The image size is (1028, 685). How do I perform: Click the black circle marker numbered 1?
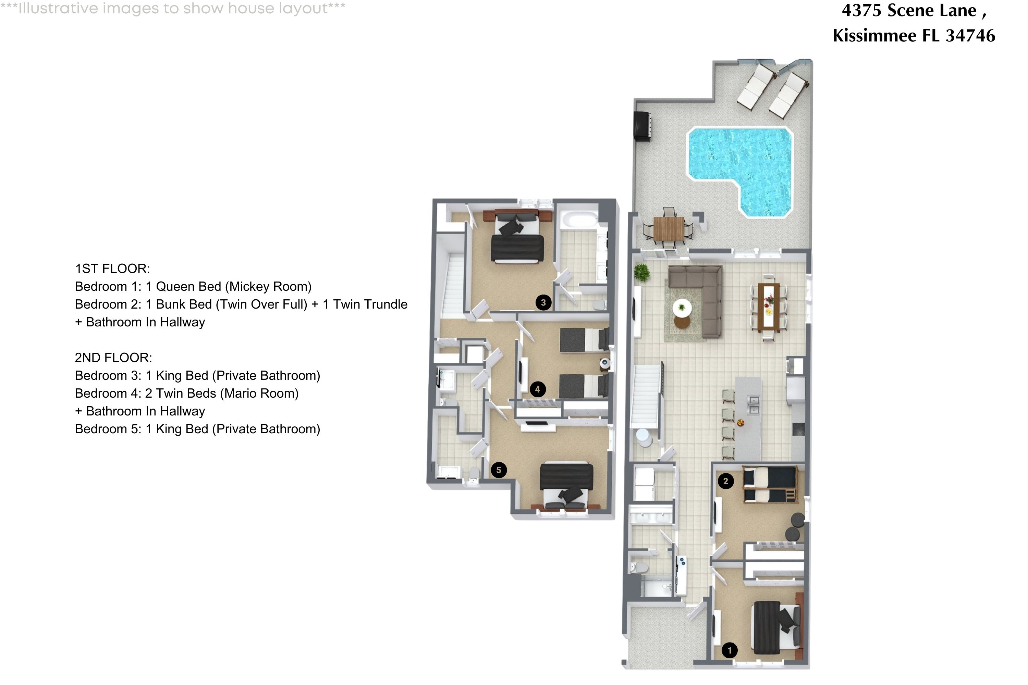pos(729,650)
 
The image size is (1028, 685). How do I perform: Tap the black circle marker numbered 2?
pos(725,481)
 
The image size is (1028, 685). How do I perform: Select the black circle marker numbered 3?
pos(543,302)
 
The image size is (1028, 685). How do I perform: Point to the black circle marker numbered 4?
pos(538,389)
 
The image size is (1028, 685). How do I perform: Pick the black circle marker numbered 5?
pos(499,470)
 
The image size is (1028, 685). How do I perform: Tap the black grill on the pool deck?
pos(642,126)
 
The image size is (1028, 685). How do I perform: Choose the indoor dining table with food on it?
pos(769,306)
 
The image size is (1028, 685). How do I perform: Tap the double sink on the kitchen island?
pos(753,404)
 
